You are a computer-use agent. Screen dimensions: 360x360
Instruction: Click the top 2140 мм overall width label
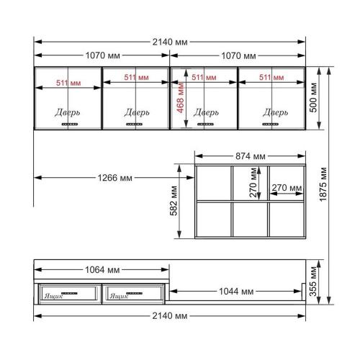(171, 42)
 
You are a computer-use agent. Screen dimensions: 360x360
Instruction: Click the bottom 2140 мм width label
(171, 315)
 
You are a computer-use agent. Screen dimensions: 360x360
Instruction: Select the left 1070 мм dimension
(103, 55)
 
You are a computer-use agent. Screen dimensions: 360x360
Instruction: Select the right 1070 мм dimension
(238, 55)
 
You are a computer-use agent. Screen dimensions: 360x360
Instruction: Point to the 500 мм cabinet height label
(314, 97)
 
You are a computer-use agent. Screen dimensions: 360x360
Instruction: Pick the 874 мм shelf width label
(251, 156)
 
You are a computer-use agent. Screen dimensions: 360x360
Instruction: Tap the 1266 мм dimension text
(116, 178)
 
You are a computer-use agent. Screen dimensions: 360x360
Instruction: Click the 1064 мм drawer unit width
(103, 271)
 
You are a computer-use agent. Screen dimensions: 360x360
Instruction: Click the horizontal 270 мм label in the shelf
(286, 189)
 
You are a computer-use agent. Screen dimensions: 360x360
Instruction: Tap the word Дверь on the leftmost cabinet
(68, 112)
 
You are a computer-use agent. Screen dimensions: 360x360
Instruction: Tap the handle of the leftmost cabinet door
(69, 124)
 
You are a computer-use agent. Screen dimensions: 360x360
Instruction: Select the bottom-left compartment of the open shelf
(213, 219)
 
